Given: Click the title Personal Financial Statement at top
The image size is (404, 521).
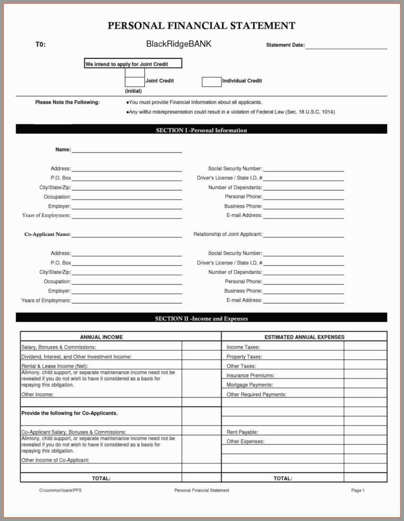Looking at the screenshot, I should (202, 25).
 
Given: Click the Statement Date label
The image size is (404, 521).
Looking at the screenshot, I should (285, 45).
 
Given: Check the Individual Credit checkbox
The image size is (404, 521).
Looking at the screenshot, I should (211, 82).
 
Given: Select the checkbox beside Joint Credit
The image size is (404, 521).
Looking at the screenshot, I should (135, 82).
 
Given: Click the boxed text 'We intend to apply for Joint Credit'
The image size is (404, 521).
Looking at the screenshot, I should (133, 64).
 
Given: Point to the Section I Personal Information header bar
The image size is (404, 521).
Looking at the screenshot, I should (201, 130).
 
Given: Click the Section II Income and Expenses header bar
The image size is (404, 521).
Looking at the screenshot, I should (201, 319).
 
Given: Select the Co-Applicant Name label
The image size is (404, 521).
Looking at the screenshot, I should (48, 234).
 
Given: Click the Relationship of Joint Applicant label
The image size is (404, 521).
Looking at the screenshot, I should (227, 234).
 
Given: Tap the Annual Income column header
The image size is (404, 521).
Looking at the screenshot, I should (101, 337).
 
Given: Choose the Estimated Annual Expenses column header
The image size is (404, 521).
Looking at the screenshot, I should (304, 337).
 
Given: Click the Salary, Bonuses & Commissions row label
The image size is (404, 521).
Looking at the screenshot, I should (55, 347).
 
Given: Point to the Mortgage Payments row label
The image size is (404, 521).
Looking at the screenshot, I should (249, 385).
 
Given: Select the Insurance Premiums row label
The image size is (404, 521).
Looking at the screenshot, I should (250, 375).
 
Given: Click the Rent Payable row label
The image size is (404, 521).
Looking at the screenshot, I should (243, 432).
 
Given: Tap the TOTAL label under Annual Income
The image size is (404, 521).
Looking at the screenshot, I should (101, 478).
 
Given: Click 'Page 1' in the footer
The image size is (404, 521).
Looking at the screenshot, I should (358, 490).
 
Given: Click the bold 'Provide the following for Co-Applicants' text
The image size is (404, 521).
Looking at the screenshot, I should (69, 413).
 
